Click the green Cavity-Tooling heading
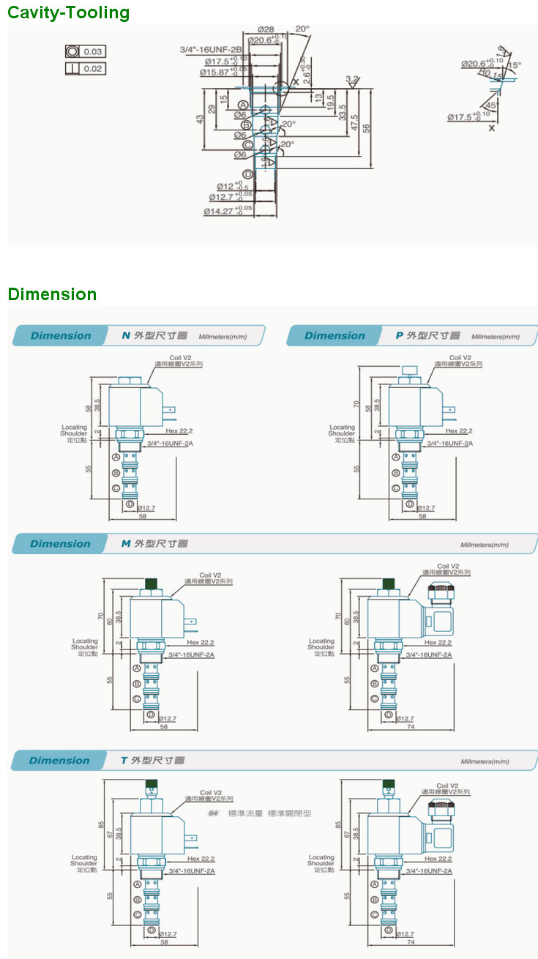pos(68,12)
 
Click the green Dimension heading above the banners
pos(52,294)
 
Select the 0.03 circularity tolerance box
pos(85,51)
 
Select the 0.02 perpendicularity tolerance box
pos(85,69)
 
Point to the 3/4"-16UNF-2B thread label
pos(211,49)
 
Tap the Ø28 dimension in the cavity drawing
pos(265,29)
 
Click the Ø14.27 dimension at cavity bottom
pos(228,212)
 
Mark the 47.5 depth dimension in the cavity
pos(354,123)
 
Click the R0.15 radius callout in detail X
pos(490,75)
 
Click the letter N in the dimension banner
pos(126,336)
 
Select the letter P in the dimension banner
pos(399,336)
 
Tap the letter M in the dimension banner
pos(126,544)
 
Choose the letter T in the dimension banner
pos(124,761)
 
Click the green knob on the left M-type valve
pos(152,583)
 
